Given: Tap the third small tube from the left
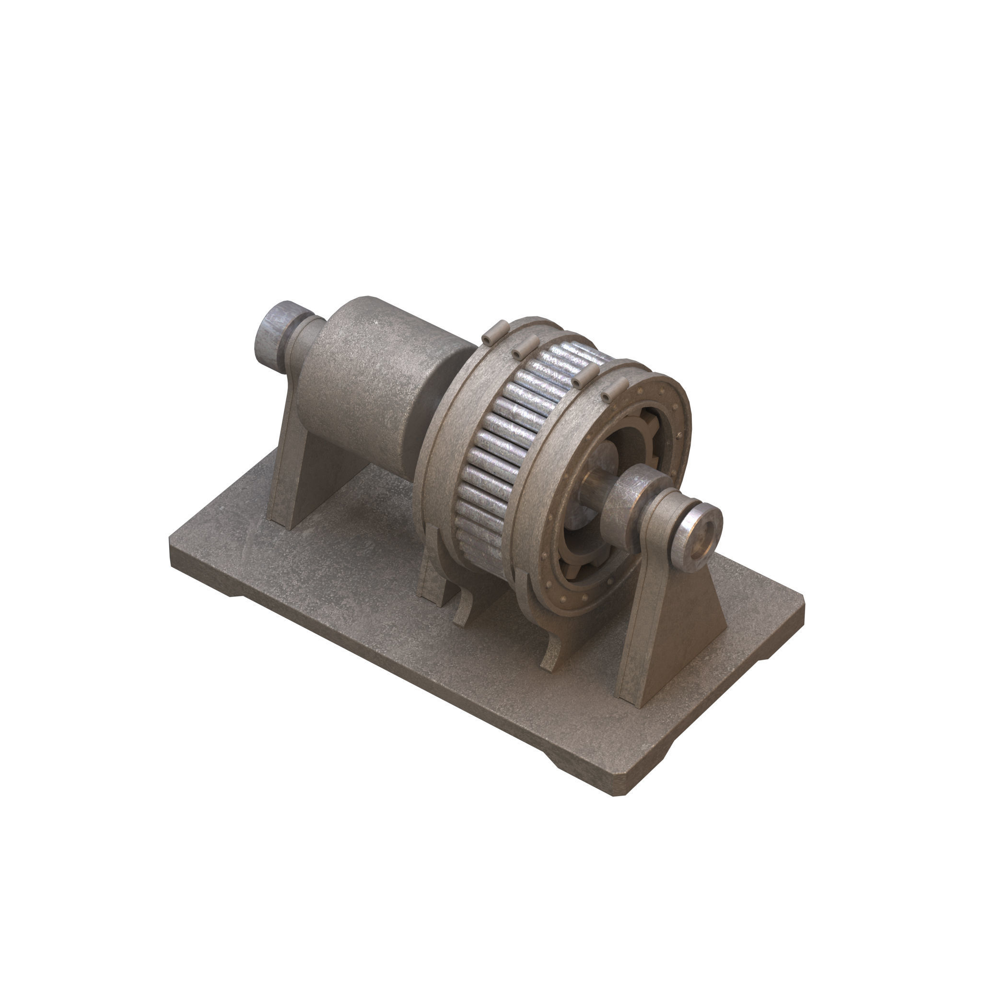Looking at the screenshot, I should (x=584, y=375).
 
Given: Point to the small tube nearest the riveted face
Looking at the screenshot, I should (x=615, y=389).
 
